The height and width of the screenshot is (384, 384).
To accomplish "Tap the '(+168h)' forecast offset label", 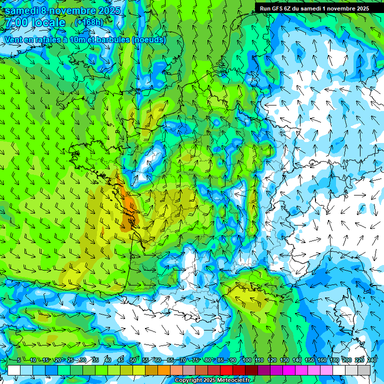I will point(89,22).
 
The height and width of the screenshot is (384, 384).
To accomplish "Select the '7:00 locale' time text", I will point(35,22).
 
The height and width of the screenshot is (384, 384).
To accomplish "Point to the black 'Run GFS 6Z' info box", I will point(313,8).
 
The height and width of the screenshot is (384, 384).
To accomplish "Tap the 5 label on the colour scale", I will point(19,360).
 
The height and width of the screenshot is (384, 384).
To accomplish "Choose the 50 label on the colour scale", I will point(132,360).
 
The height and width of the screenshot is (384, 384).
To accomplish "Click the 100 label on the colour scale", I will point(246,360).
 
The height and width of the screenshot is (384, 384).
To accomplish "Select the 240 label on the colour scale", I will point(372,360).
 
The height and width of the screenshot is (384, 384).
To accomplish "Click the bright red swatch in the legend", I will point(226,370).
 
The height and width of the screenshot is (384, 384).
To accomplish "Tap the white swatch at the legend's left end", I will point(14,370).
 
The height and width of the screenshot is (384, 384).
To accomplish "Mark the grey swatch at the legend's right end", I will point(364,370).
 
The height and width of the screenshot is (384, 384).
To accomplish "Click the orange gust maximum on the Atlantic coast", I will point(129,210).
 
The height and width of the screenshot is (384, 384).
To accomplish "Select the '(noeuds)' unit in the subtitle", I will point(149,40).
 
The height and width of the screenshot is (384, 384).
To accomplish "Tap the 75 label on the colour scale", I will point(195,360).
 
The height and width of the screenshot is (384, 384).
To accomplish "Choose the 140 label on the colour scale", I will point(297,360).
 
